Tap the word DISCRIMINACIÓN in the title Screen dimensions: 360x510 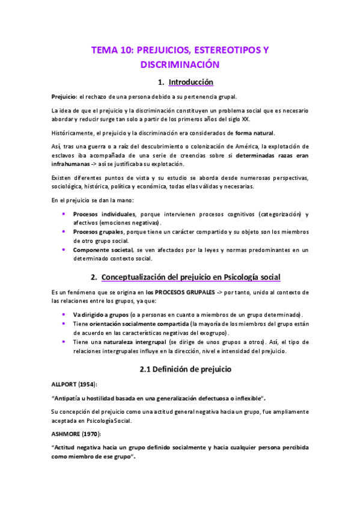[179, 64]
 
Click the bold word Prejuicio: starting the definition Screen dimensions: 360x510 [64, 96]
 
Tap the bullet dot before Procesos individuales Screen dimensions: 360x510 [64, 214]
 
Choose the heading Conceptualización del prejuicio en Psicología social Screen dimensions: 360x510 [191, 277]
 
